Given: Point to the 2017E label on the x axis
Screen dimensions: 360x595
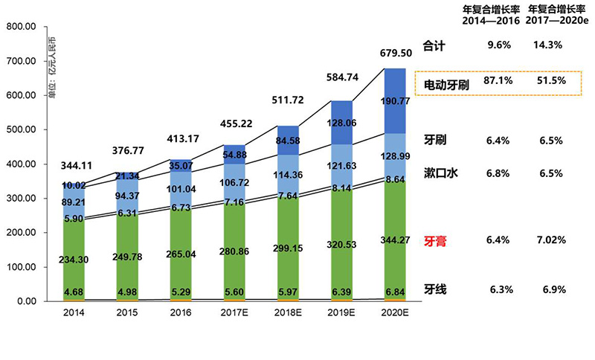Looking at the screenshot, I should tap(234, 313).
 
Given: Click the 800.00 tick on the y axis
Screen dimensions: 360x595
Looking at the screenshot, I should tap(20, 27).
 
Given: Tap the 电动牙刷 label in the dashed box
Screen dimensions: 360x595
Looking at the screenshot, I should tap(446, 84).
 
